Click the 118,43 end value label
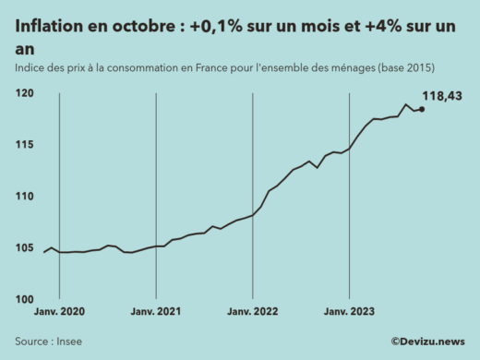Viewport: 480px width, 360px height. click(x=442, y=96)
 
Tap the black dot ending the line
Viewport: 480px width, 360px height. click(x=422, y=109)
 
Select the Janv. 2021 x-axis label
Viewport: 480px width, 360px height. click(x=156, y=312)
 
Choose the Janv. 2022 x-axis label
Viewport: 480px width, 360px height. click(x=253, y=312)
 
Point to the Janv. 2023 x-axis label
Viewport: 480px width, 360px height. click(x=349, y=312)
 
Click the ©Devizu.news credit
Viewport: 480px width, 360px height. click(x=426, y=341)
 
